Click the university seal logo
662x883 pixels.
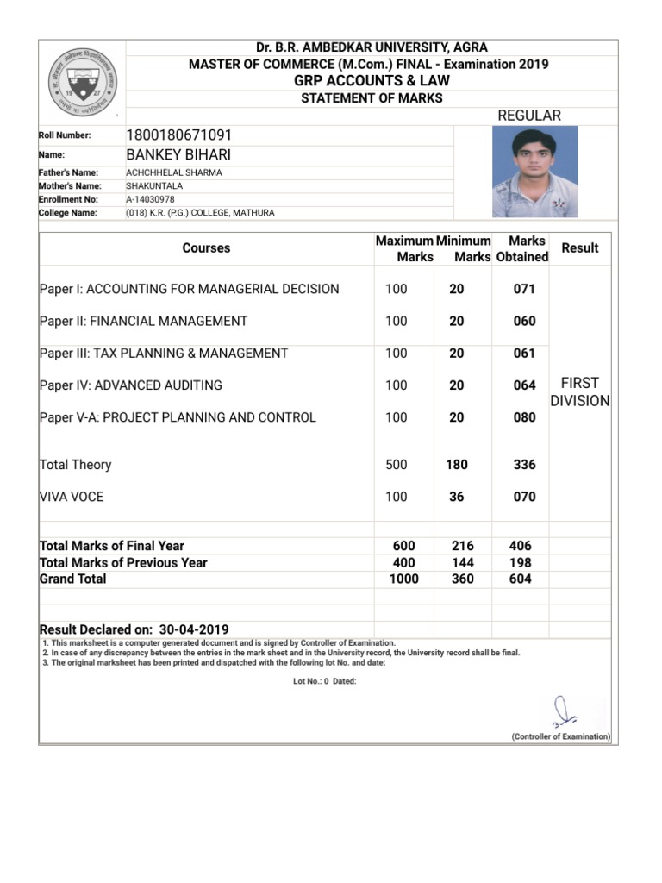[x=83, y=82]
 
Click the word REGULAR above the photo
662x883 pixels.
[x=529, y=116]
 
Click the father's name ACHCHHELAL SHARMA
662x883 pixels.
[x=174, y=172]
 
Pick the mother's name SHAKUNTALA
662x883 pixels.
[x=153, y=185]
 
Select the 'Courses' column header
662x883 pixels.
[x=206, y=248]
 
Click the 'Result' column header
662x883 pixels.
[x=579, y=248]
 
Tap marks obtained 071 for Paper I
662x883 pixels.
[x=524, y=290]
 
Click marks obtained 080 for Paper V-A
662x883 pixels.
[x=524, y=417]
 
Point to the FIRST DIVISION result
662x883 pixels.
[x=579, y=392]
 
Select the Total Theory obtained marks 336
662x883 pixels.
[x=524, y=465]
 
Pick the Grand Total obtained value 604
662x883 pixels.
[x=520, y=579]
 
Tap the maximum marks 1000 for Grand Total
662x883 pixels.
[x=403, y=579]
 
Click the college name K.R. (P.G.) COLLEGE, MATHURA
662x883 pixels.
[x=200, y=212]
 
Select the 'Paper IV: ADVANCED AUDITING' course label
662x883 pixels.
[x=131, y=385]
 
